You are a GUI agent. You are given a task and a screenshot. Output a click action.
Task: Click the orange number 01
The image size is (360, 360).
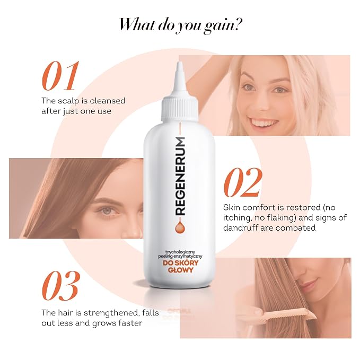(x=60, y=76)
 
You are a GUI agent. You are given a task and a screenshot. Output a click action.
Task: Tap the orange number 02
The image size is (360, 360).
(x=243, y=182)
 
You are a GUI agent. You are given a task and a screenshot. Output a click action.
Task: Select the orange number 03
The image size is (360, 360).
(x=61, y=286)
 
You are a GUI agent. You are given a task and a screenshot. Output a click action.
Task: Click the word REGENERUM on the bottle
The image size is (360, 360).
(x=180, y=176)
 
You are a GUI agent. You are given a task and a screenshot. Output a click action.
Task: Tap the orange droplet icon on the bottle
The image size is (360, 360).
(x=180, y=227)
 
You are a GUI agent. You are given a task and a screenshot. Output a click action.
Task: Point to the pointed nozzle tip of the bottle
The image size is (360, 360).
(x=179, y=64)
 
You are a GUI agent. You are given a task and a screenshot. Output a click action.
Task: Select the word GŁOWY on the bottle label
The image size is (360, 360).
(x=181, y=270)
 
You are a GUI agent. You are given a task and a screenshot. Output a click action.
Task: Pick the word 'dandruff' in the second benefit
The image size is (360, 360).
(x=241, y=228)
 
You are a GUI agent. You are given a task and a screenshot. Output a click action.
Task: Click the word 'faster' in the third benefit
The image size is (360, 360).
(x=130, y=323)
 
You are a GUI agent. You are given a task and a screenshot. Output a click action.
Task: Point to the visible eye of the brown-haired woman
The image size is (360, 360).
(x=107, y=210)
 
